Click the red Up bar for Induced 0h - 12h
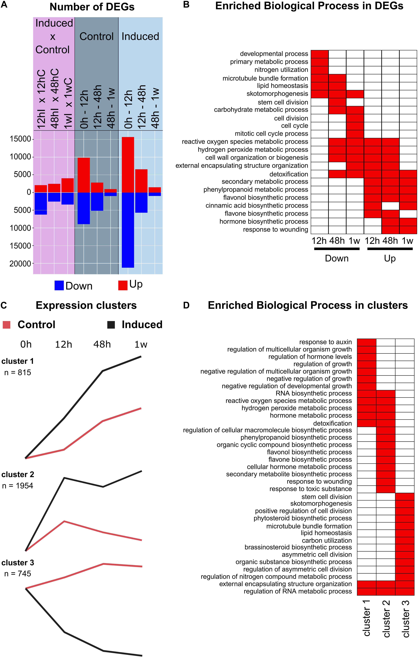(x=128, y=164)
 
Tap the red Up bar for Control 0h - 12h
(x=84, y=175)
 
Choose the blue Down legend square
(x=59, y=285)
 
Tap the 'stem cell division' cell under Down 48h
(x=337, y=102)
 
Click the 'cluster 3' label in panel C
(x=17, y=563)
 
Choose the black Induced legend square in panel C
(x=111, y=325)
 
